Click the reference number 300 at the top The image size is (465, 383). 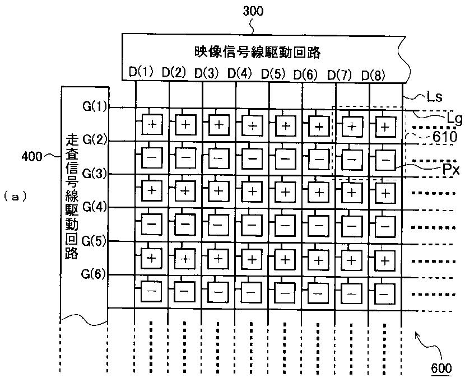(252, 10)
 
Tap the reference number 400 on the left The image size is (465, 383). (31, 156)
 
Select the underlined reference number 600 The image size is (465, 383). (441, 368)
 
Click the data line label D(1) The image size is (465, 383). (141, 72)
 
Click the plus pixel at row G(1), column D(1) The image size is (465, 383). (152, 124)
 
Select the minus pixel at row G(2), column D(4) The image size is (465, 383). (252, 157)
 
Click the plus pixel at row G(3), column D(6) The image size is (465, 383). (318, 191)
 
